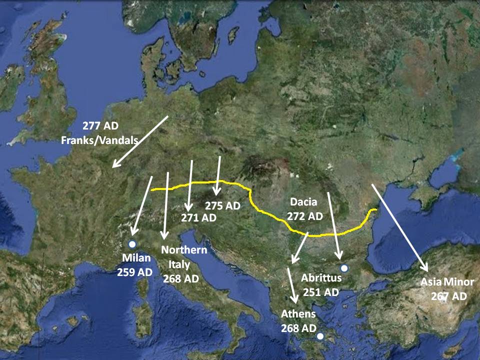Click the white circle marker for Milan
(132, 244)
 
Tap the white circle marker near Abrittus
(343, 268)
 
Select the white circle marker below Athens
(320, 336)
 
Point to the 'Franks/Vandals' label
(99, 140)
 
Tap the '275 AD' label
(223, 205)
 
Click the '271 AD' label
(198, 218)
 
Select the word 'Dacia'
(303, 202)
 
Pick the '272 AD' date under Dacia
(305, 216)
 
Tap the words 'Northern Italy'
(183, 257)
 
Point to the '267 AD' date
(448, 296)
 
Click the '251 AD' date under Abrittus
(321, 292)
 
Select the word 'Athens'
(298, 314)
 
